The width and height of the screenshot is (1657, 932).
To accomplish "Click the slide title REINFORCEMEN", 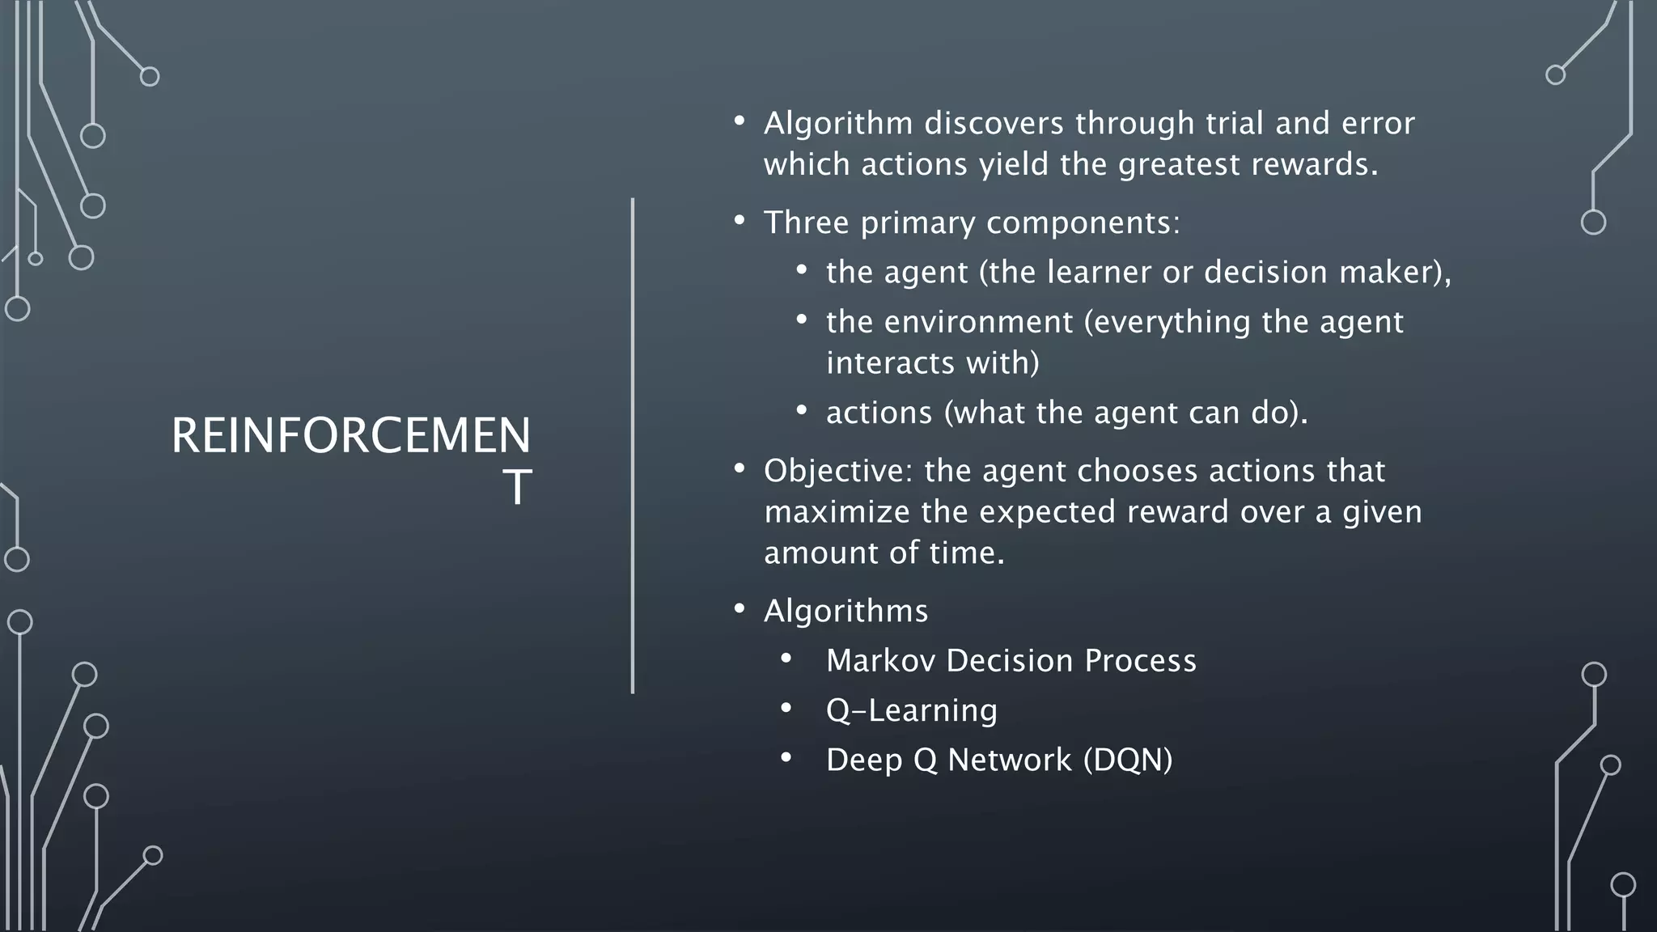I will (350, 436).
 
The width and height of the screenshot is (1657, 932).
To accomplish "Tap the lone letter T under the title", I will (516, 488).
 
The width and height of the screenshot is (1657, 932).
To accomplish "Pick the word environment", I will (978, 322).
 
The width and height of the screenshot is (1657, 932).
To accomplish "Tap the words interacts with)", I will (932, 362).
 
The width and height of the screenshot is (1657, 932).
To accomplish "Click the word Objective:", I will (837, 471).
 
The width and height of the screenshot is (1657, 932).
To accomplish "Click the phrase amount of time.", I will (884, 553).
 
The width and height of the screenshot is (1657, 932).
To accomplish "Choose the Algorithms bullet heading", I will (845, 611).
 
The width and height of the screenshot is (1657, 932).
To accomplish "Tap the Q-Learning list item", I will (911, 710).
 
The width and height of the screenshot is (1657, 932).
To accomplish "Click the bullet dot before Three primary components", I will (739, 221).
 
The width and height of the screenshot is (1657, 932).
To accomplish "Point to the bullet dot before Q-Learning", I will (786, 709).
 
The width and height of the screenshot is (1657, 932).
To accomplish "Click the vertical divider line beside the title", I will (633, 445).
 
